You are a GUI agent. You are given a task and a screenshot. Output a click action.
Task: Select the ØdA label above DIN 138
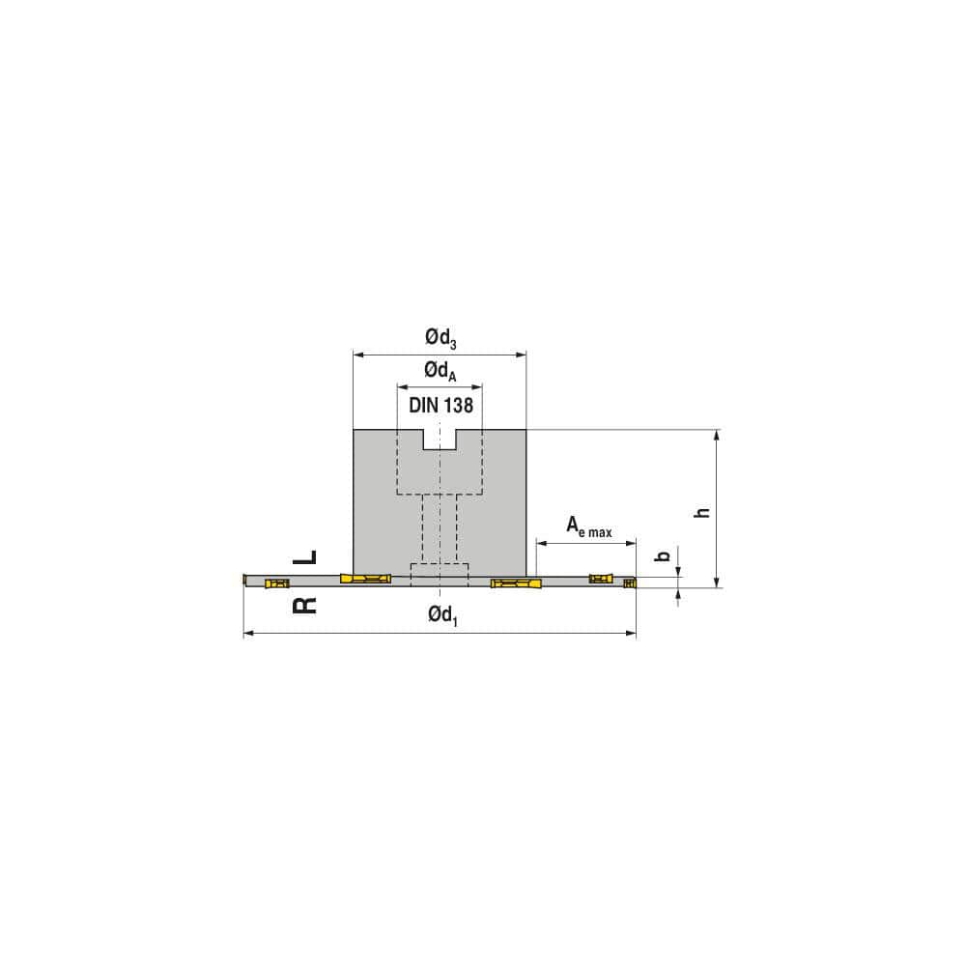coord(440,371)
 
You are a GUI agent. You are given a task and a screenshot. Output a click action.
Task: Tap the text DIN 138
coord(440,406)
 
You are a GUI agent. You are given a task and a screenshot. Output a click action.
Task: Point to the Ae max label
coord(588,526)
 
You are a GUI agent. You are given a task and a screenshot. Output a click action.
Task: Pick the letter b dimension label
coord(663,556)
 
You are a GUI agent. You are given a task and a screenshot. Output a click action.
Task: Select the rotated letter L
coord(304,557)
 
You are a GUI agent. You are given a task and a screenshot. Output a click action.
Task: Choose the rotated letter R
coord(304,606)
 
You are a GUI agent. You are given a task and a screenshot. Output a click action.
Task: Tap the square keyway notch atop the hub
coord(440,439)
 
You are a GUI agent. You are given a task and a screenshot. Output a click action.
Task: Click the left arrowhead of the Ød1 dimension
coord(247,634)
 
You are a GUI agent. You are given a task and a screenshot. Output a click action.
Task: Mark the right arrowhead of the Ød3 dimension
coord(522,355)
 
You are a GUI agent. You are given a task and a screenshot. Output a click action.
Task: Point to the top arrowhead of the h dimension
coord(716,435)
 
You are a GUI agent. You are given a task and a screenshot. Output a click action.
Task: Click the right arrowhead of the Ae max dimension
coord(632,544)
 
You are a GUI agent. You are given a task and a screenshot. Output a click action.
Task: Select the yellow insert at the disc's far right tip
coord(630,582)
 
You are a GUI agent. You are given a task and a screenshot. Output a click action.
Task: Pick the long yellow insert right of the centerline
coord(518,583)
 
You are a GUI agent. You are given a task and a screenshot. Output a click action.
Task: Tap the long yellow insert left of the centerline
coord(365,579)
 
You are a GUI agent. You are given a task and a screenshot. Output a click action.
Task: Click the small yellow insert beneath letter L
coord(277,583)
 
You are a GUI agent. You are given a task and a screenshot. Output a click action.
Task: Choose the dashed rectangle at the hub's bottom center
coord(440,573)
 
